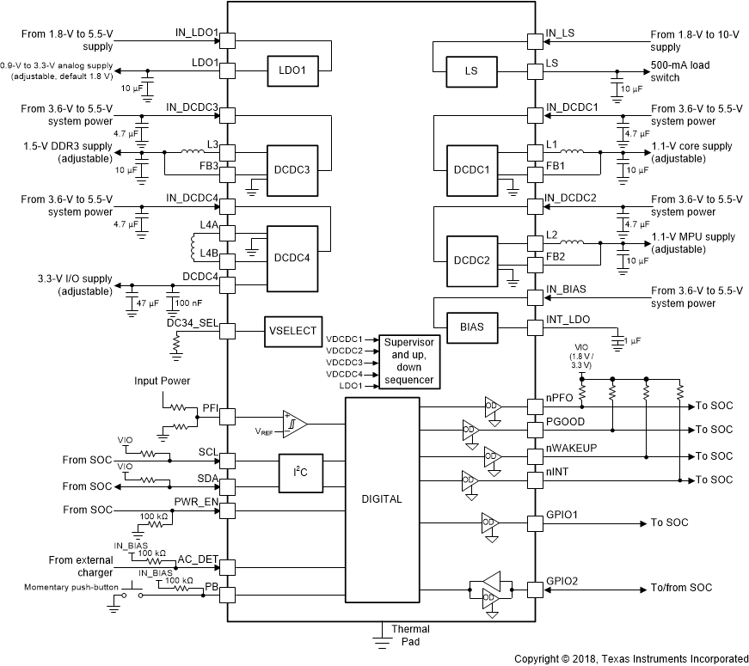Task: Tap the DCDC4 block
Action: coord(292,258)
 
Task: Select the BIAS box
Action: coord(472,327)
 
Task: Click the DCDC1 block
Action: coord(472,170)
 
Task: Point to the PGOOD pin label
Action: coord(565,423)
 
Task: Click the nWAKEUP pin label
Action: coord(572,449)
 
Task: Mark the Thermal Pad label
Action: coord(410,635)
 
